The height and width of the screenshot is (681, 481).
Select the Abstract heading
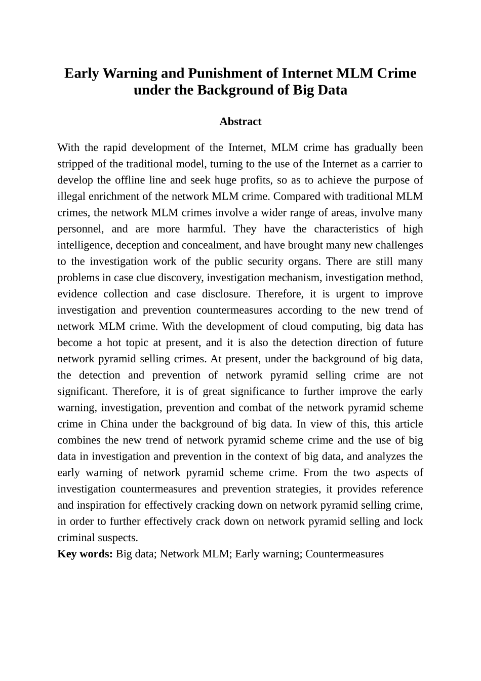(x=240, y=122)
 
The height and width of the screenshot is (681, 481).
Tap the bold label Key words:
(x=85, y=554)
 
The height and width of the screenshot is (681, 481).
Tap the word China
(x=114, y=424)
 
